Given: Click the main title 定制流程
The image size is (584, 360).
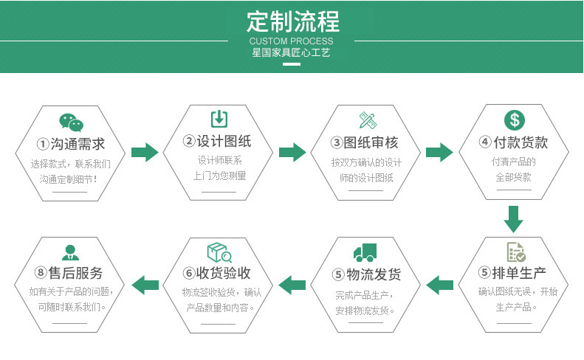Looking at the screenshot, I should pos(291,20).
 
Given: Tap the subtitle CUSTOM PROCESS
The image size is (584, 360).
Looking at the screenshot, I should pos(291,41).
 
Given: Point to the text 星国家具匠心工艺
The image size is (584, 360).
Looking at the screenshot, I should pos(291,53).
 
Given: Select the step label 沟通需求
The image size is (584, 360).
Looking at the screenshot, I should pos(71,144).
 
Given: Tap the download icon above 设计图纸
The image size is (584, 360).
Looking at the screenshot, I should pos(219,119).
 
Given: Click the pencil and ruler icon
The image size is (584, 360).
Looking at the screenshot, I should pos(367,120).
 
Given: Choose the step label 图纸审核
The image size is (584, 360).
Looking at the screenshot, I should pos(366,143).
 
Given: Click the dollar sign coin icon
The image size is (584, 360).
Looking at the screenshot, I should pos(514,120).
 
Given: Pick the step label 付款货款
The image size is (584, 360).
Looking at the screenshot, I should pos(514,142).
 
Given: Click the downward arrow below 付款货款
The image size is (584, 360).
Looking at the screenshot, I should pos(514,219).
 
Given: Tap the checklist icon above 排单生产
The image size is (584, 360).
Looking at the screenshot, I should pos(515,252).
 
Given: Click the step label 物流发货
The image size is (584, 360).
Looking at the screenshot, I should pos(366,275).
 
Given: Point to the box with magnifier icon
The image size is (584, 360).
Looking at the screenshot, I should pos(219,253).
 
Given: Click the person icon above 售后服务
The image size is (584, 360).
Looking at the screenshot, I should pos(71,252).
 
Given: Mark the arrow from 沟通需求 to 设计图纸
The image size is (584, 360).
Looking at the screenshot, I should pos(145,153).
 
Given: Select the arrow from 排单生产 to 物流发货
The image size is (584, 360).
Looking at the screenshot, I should pos(440,283).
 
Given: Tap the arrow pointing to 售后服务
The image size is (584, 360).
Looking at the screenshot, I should pos(145,283).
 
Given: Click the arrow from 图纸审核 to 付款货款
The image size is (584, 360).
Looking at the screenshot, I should pos(440,153).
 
